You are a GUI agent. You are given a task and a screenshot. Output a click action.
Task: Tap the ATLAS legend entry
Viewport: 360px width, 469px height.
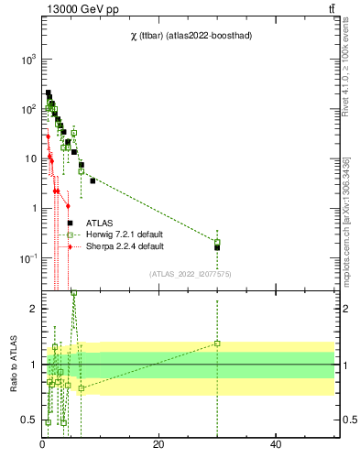click(100, 223)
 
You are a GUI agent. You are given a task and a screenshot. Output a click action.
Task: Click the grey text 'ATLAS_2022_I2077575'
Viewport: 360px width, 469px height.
click(191, 273)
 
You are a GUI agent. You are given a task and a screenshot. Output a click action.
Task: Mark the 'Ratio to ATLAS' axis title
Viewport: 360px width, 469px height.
click(13, 364)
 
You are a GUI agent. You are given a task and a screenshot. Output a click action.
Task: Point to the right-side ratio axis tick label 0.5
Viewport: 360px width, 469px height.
click(348, 420)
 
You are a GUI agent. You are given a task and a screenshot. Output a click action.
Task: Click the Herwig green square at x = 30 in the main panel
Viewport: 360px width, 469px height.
click(217, 242)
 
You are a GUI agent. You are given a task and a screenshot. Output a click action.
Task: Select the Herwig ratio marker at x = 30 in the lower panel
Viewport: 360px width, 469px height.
click(217, 343)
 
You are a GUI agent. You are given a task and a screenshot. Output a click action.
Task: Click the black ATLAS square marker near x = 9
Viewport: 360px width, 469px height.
click(93, 180)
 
